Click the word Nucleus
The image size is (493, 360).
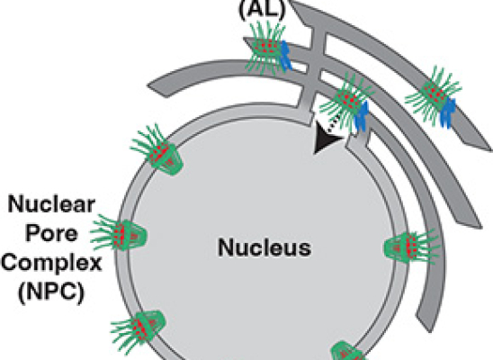coord(264,247)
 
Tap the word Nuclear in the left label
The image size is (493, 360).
coord(51,204)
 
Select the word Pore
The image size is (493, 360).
coord(51,233)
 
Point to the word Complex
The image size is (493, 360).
coord(51,263)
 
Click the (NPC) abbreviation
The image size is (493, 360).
coord(51,292)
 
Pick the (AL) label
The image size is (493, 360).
coord(262,9)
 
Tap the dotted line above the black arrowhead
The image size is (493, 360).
coord(334,123)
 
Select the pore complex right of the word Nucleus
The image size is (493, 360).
coord(411,247)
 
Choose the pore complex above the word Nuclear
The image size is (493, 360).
coord(157,150)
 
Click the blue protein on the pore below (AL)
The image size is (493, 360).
coord(286,56)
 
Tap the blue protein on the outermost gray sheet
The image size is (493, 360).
coord(448,112)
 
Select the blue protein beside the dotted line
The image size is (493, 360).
coord(362,116)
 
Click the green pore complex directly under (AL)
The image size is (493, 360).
coord(266,48)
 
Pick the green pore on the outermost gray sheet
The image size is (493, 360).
coord(434,95)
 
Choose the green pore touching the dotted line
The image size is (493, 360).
coord(346,101)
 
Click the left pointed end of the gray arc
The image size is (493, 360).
coord(148,85)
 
